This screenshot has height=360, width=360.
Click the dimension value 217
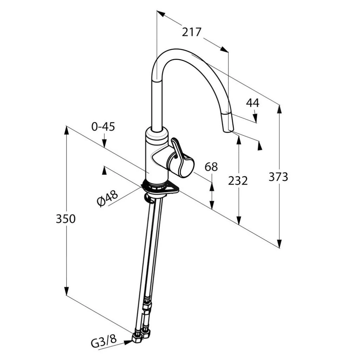[192, 32]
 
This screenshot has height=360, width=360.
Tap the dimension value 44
[252, 103]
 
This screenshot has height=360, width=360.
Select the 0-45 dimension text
[103, 127]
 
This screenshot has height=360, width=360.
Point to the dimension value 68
[211, 167]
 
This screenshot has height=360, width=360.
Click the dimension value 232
[238, 181]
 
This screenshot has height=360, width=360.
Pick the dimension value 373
[278, 177]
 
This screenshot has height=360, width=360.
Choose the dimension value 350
[66, 219]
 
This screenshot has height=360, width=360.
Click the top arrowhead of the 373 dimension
[279, 109]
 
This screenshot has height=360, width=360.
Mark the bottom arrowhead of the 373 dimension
[279, 243]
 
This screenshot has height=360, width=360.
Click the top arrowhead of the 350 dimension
[66, 130]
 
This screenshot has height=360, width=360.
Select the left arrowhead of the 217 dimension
[161, 14]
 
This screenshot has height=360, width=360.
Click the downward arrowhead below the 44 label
[256, 118]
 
